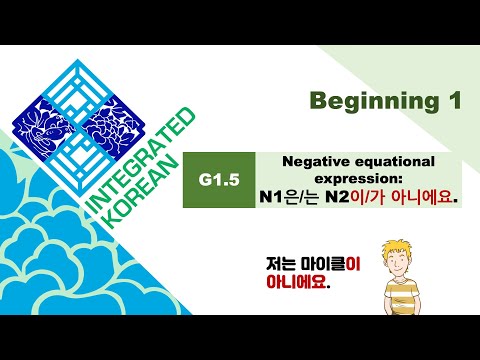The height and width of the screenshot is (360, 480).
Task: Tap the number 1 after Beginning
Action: tap(448, 101)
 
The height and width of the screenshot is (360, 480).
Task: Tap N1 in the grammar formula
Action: tap(269, 197)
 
